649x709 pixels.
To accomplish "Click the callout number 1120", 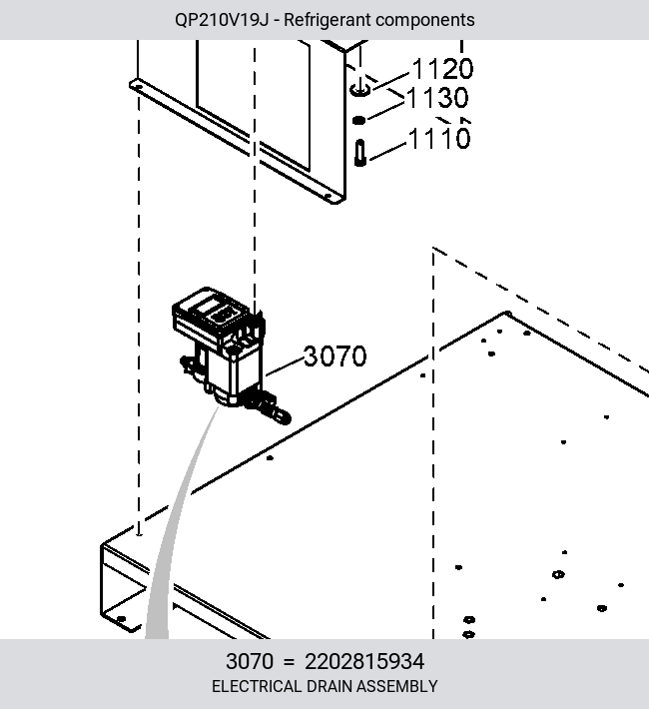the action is (x=442, y=69).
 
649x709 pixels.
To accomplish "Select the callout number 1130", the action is (x=437, y=98).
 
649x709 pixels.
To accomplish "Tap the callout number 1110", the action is (x=439, y=138).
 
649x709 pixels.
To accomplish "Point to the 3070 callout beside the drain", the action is (x=335, y=355).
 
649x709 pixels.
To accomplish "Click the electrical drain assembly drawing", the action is (x=226, y=353).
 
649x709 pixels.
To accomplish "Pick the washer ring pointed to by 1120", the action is (x=360, y=90).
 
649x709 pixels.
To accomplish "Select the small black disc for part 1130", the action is (x=358, y=120).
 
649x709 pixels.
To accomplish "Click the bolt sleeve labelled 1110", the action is (x=360, y=153).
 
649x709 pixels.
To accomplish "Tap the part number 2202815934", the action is (x=364, y=661).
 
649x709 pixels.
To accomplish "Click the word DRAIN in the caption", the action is (x=331, y=686).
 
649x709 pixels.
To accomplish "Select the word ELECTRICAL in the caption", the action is (x=257, y=686).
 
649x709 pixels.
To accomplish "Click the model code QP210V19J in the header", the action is (x=222, y=20).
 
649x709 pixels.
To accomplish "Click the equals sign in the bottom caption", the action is (x=289, y=662).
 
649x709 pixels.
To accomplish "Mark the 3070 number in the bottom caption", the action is (x=250, y=661).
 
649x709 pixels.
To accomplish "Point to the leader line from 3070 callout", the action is (x=286, y=366).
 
